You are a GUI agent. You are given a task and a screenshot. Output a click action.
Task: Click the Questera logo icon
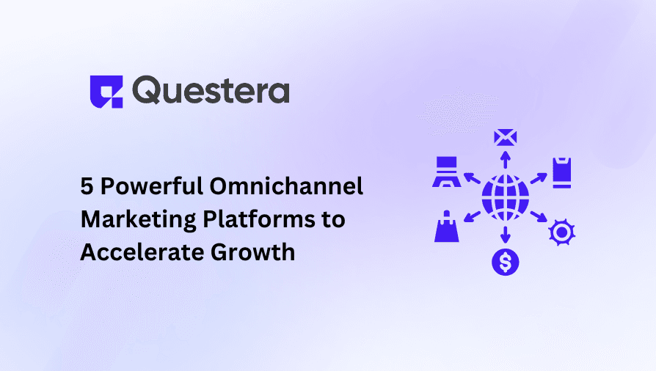[x=106, y=92]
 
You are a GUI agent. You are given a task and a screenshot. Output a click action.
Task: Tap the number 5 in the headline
[x=87, y=186]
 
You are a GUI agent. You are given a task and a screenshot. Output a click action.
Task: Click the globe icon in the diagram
[x=505, y=197]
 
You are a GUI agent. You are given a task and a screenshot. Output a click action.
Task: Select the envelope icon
[x=505, y=137]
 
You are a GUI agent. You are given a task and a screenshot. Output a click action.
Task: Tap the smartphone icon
[x=561, y=173]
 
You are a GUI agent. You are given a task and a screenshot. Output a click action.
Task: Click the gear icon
[x=561, y=232]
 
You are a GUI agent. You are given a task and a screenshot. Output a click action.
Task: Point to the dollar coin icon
[x=505, y=260]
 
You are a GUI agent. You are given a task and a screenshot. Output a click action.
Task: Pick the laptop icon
[x=445, y=173]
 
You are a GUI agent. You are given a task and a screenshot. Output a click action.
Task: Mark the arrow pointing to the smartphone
[x=538, y=179]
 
